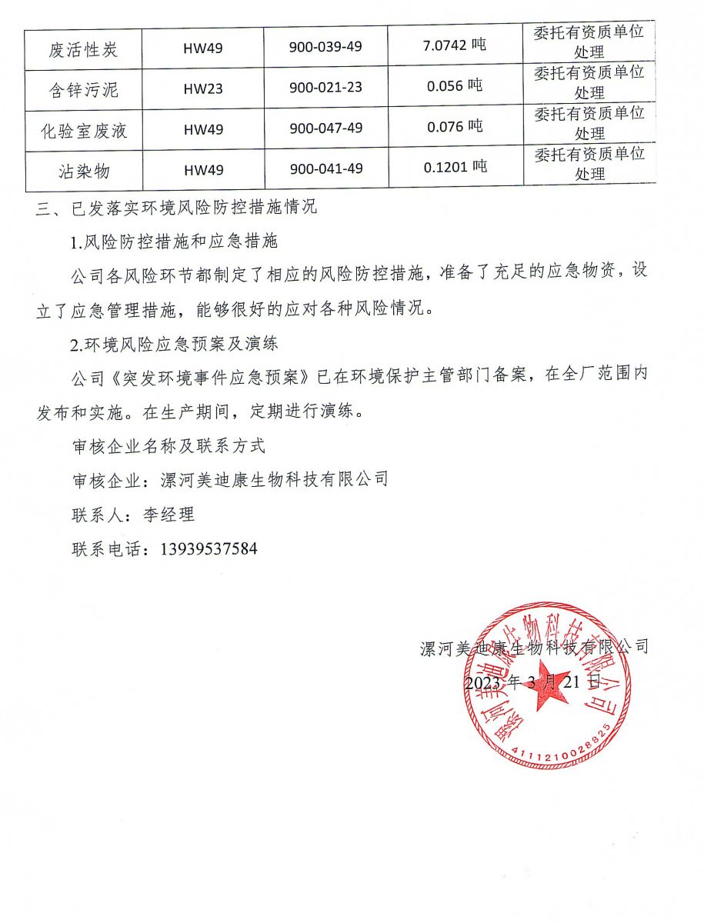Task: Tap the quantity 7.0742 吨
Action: [x=455, y=45]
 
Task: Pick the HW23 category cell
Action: [x=203, y=88]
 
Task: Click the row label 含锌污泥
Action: [x=83, y=89]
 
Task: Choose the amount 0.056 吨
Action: [x=455, y=85]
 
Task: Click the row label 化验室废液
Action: [x=83, y=130]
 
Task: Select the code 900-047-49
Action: [x=325, y=128]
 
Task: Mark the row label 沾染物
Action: [x=83, y=171]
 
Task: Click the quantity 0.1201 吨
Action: [x=455, y=166]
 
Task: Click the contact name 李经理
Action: [x=169, y=515]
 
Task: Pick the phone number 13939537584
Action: [x=208, y=549]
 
